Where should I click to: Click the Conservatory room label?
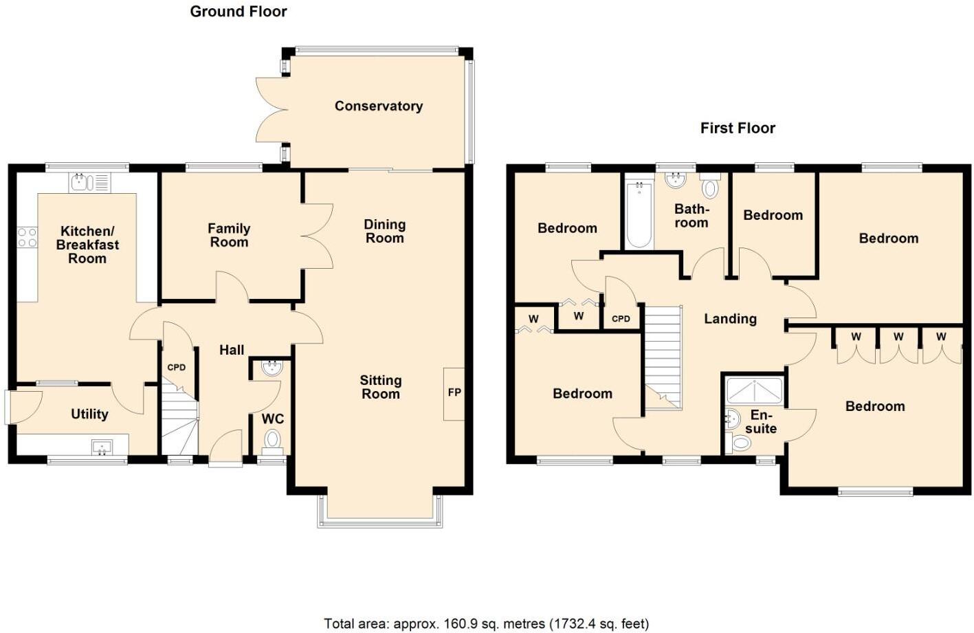point(378,106)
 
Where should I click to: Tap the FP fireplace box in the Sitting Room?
point(454,393)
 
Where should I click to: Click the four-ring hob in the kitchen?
point(27,238)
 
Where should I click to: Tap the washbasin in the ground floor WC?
point(272,367)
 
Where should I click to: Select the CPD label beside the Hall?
point(177,367)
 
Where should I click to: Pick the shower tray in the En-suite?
point(754,390)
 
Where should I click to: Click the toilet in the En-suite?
point(740,443)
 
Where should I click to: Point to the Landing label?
point(730,319)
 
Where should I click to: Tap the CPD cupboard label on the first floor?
point(621,318)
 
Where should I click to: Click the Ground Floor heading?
point(239,12)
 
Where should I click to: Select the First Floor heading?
point(738,129)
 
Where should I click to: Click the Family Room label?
point(229,235)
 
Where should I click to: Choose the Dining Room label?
point(384,231)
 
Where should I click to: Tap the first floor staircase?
point(663,357)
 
